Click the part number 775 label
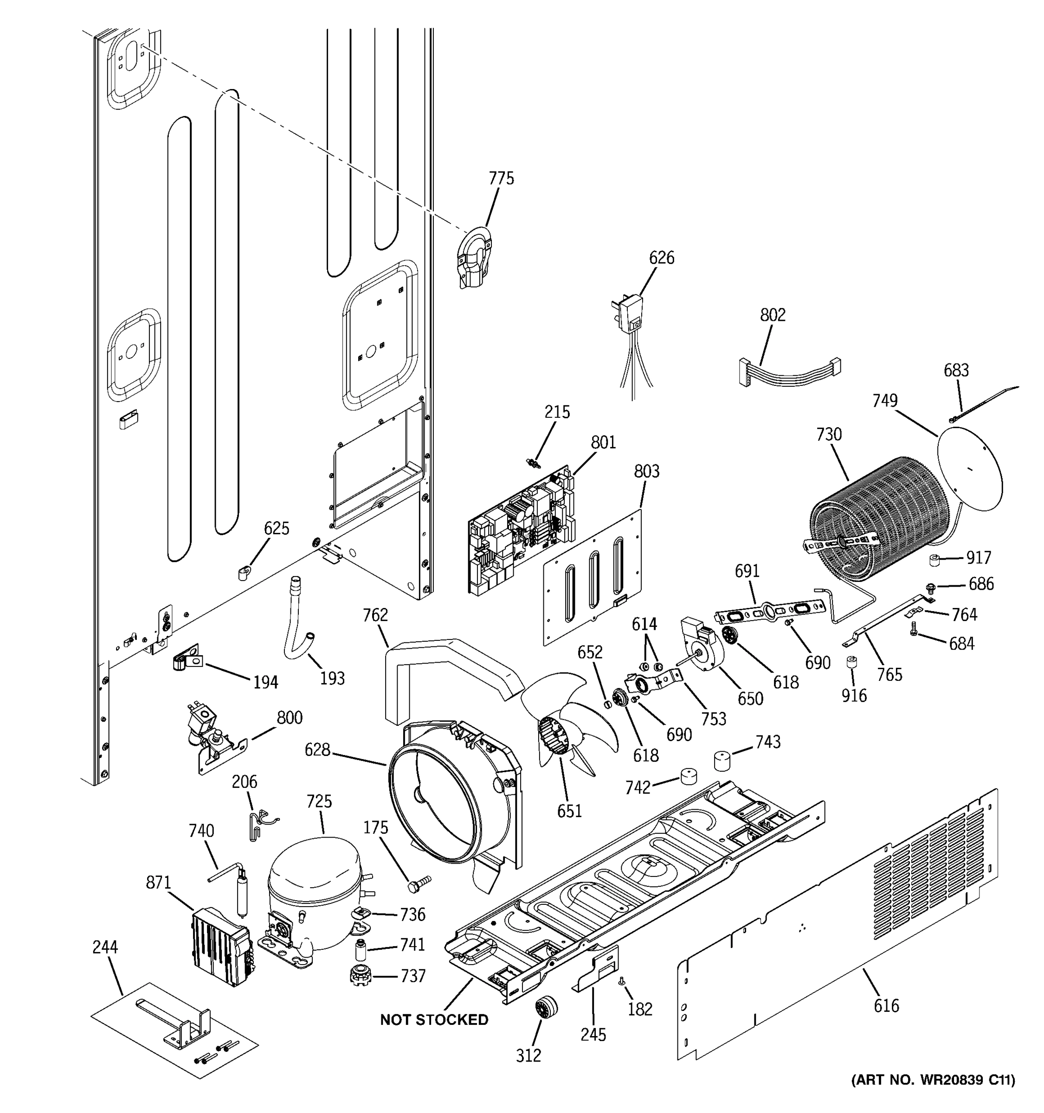tap(501, 179)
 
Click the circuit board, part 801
tap(521, 529)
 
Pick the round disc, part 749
tap(969, 475)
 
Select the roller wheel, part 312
tap(546, 1007)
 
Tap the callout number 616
tap(886, 1005)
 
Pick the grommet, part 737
tap(361, 975)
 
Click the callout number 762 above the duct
tap(375, 615)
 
